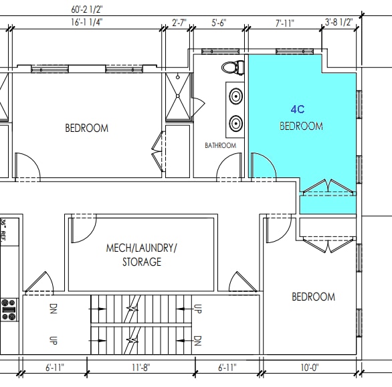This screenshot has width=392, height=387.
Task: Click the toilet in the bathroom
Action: [x=231, y=68]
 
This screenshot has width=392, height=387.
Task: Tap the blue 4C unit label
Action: [x=298, y=109]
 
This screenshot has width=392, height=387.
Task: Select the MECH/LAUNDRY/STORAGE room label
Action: [x=142, y=254]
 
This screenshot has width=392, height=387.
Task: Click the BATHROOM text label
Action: [x=220, y=145]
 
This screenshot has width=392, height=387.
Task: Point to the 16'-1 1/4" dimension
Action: [x=86, y=22]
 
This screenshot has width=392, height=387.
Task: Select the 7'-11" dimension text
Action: [x=284, y=22]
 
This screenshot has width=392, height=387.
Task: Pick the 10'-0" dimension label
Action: [x=309, y=367]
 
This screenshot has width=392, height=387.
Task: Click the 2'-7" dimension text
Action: [x=179, y=22]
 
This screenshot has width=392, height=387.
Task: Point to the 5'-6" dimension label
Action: [x=219, y=22]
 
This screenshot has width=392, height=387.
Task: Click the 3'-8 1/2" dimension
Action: [x=339, y=22]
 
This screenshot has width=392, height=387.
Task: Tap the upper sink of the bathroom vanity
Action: [x=235, y=96]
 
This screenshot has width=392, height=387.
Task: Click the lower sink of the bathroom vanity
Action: [x=235, y=124]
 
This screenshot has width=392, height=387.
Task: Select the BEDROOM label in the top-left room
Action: [x=86, y=128]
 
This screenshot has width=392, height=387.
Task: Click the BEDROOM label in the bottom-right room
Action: [x=313, y=297]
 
